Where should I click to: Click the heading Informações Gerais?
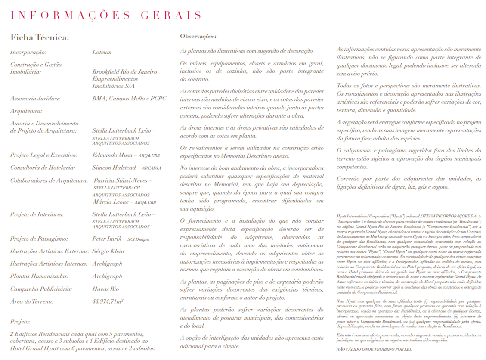tap(106, 16)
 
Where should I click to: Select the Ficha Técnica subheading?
tap(40, 37)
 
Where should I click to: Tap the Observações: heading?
tap(198, 37)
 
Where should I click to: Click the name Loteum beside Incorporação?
tap(102, 52)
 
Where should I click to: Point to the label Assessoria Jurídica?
tap(35, 99)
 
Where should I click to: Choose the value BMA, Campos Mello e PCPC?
tap(129, 99)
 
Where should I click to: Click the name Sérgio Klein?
tap(108, 251)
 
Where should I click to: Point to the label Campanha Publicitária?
tap(41, 289)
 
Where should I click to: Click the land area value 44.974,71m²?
tap(108, 302)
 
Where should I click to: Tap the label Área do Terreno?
tap(32, 302)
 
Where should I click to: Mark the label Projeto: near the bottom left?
tap(20, 322)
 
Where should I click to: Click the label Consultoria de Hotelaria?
tap(43, 168)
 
